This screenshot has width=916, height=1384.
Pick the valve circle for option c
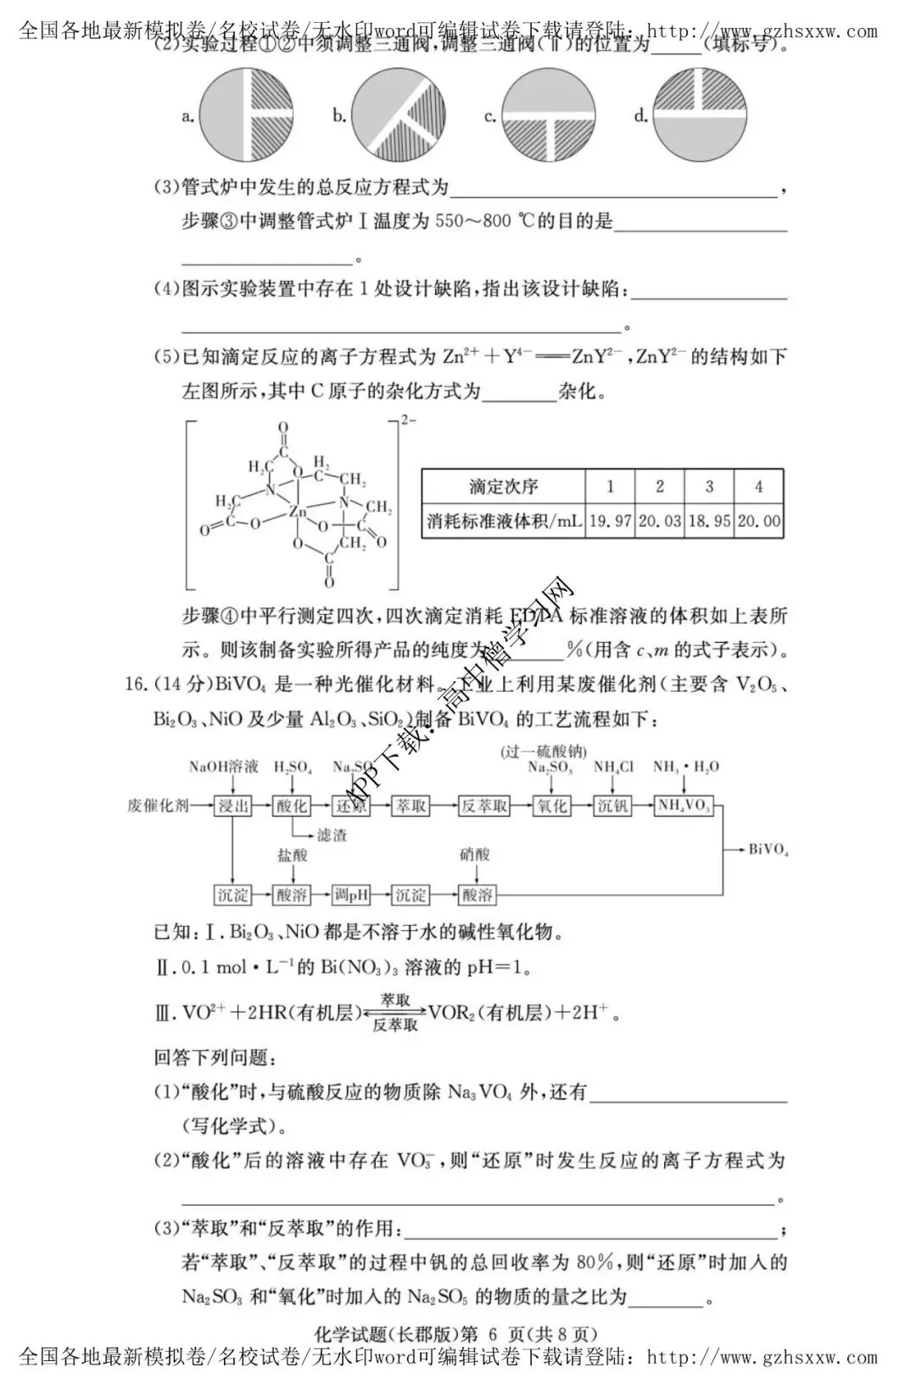pos(548,115)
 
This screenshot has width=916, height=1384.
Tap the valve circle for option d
pos(699,115)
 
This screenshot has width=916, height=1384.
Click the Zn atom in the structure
pos(296,511)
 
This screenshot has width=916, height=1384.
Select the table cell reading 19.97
pos(610,521)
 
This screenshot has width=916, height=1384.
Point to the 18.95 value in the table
pos(709,521)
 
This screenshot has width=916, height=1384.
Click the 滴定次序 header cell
pos(503,487)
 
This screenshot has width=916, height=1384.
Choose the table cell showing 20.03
pos(659,521)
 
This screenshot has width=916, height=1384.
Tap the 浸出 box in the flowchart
pos(232,806)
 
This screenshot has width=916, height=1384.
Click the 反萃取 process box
pos(483,806)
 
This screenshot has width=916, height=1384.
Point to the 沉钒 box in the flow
pos(612,806)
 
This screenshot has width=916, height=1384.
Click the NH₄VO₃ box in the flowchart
pos(684,806)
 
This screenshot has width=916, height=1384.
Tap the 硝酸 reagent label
pos(475,855)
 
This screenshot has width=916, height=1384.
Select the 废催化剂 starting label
pos(158,806)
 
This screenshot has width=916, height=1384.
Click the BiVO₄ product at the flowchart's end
pos(768,850)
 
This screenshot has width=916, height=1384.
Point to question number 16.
pos(137,684)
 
